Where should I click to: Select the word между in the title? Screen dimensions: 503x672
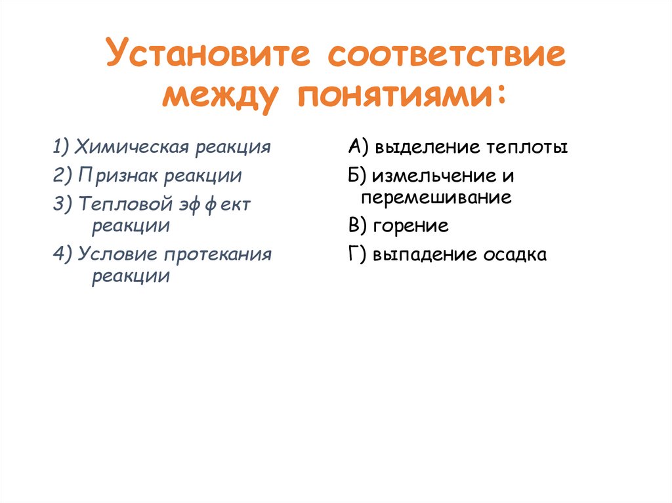pyautogui.click(x=220, y=95)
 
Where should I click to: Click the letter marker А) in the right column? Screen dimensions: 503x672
pyautogui.click(x=359, y=147)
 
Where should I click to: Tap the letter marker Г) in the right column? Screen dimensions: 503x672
pyautogui.click(x=358, y=254)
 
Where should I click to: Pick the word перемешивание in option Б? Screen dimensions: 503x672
pyautogui.click(x=436, y=197)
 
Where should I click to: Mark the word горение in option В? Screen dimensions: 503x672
pyautogui.click(x=411, y=226)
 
